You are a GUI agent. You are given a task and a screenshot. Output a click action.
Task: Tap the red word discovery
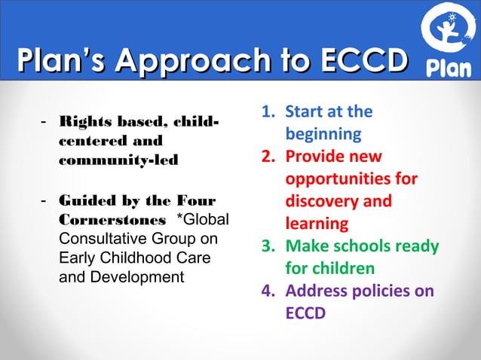tap(324, 201)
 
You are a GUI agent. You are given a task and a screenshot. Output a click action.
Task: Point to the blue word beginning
tap(323, 135)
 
